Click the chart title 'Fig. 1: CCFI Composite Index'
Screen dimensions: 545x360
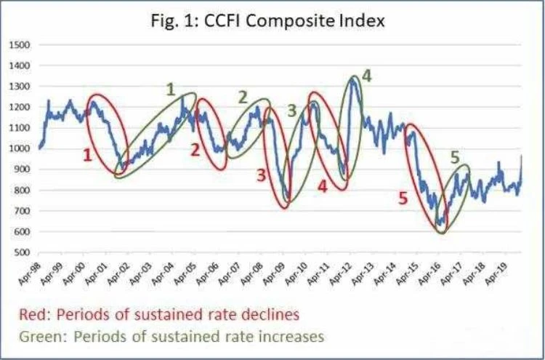[x=267, y=21]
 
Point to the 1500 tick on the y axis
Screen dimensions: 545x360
[x=22, y=45]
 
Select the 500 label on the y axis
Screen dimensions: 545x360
[x=23, y=252]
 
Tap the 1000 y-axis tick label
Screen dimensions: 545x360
[x=22, y=149]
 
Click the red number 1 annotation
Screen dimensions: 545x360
[x=88, y=155]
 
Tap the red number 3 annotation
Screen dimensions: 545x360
[x=261, y=176]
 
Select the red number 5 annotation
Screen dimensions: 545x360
[x=403, y=199]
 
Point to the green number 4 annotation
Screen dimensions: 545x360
[x=367, y=76]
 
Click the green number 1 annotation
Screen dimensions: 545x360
[x=170, y=89]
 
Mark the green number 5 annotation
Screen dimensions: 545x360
[x=456, y=158]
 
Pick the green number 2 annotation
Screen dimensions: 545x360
[x=242, y=97]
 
